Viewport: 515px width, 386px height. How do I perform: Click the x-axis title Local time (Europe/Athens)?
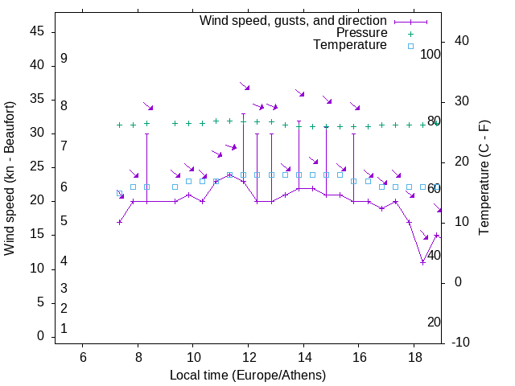click(x=248, y=376)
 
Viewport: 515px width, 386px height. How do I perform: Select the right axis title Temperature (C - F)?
click(x=484, y=178)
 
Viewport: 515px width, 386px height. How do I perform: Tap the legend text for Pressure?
click(x=361, y=33)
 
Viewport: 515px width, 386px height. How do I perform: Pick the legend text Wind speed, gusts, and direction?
click(x=294, y=20)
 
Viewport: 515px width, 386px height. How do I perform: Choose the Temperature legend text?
click(x=350, y=45)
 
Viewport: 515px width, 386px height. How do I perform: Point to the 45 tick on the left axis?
click(x=36, y=31)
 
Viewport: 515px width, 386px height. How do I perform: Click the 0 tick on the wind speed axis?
click(x=40, y=336)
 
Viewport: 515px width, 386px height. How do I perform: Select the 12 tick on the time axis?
click(x=249, y=357)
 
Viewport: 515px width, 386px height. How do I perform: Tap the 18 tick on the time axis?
click(x=414, y=357)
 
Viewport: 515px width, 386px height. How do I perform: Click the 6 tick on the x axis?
click(x=83, y=357)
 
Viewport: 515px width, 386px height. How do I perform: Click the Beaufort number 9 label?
click(x=64, y=59)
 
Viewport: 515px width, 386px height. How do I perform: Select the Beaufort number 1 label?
click(x=64, y=328)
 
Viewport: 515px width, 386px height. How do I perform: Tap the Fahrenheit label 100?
click(x=431, y=55)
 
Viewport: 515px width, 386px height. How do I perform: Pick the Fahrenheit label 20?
click(x=434, y=322)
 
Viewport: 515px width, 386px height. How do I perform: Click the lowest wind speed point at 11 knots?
click(x=422, y=262)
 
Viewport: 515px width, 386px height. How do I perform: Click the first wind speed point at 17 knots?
click(x=119, y=222)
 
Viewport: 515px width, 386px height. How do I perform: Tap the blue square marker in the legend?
click(x=410, y=46)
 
